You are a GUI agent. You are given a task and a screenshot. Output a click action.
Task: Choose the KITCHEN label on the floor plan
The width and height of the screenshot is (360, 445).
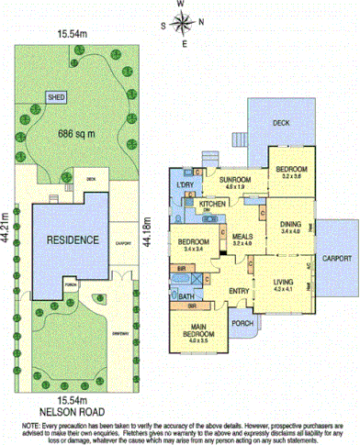pyautogui.click(x=213, y=203)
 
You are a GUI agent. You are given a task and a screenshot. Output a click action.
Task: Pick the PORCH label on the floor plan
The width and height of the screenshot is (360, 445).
pyautogui.click(x=242, y=322)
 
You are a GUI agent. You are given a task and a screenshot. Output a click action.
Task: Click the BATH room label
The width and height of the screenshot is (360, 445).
pyautogui.click(x=186, y=297)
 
